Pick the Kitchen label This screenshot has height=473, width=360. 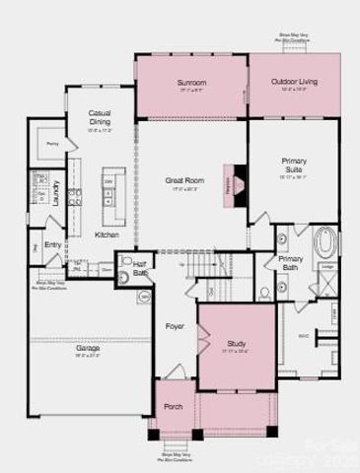pos(107,236)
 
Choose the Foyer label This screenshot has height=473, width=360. pos(175,325)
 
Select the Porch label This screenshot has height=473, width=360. pos(173,406)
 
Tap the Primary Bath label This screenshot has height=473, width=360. pos(290,262)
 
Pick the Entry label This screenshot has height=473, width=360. pos(52,245)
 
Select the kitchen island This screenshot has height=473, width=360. pos(111,187)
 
